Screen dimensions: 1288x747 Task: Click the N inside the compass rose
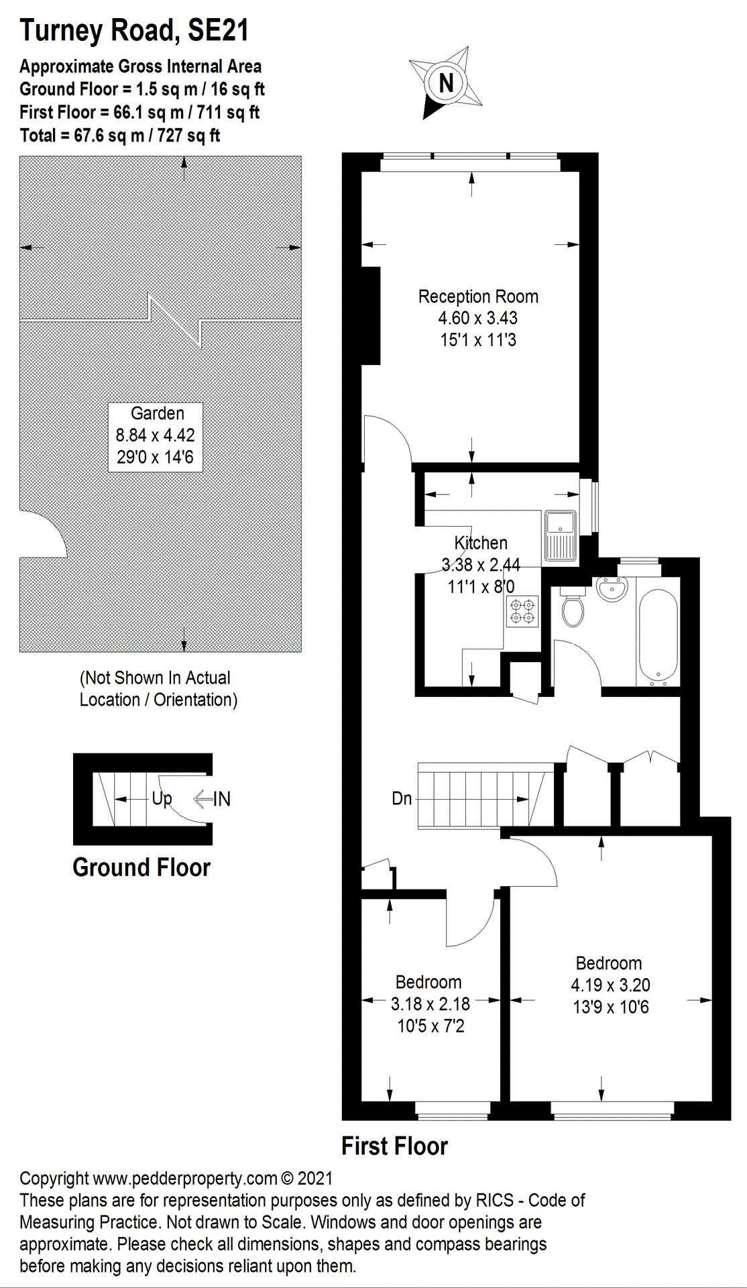pos(446,83)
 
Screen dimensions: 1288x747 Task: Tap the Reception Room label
pos(478,297)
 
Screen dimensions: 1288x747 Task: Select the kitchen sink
pos(560,535)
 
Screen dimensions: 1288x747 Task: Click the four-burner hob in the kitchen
pos(522,610)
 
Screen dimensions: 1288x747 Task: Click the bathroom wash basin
pos(612,588)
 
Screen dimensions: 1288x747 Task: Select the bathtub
pos(658,637)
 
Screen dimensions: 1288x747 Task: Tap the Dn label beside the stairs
pos(402,798)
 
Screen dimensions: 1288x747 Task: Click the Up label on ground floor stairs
pos(162,798)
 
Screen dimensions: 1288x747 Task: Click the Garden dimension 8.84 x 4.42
pos(155,435)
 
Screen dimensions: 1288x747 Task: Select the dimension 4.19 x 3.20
pos(610,985)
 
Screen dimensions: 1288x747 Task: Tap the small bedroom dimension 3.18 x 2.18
pos(430,1004)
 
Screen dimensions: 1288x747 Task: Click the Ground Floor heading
pos(141,867)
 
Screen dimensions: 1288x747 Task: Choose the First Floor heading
pos(394,1146)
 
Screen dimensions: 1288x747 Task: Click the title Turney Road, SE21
pos(134,30)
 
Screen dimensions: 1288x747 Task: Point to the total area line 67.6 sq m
pos(120,136)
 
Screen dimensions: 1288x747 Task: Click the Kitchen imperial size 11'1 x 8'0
pos(481,587)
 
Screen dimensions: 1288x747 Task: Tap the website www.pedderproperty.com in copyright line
pos(185,1179)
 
